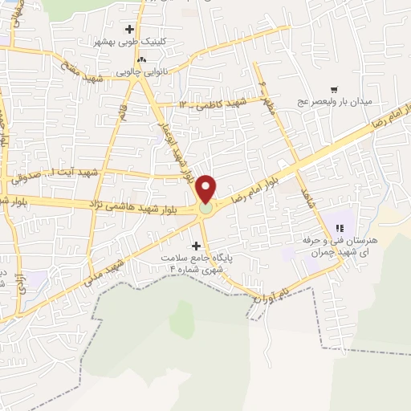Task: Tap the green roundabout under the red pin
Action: click(x=207, y=209)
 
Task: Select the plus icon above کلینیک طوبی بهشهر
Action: click(x=129, y=29)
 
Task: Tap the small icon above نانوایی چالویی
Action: click(x=142, y=59)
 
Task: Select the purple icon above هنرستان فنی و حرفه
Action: click(x=340, y=229)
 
